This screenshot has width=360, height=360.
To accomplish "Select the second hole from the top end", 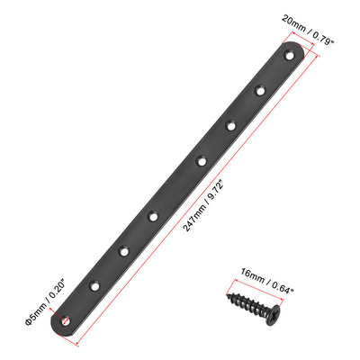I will point(259,89).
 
